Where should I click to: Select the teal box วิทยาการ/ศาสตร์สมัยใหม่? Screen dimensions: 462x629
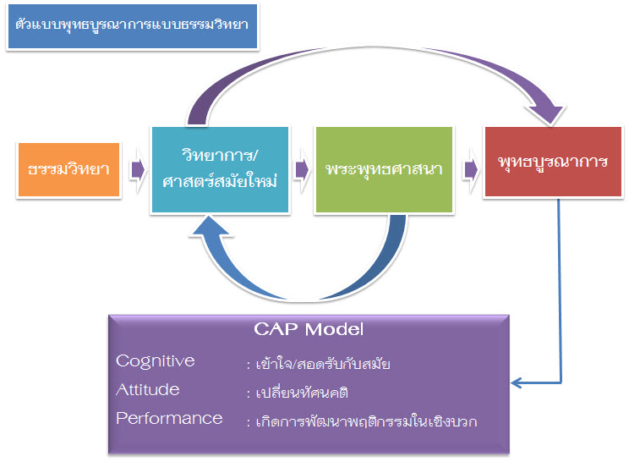point(219,169)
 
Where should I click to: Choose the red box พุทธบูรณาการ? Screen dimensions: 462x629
point(553,162)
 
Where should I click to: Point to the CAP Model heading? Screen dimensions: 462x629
point(309,327)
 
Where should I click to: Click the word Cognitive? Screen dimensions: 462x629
point(155,361)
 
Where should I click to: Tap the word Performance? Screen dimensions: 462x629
point(169,418)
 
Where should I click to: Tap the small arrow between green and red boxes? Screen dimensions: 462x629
point(470,169)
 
